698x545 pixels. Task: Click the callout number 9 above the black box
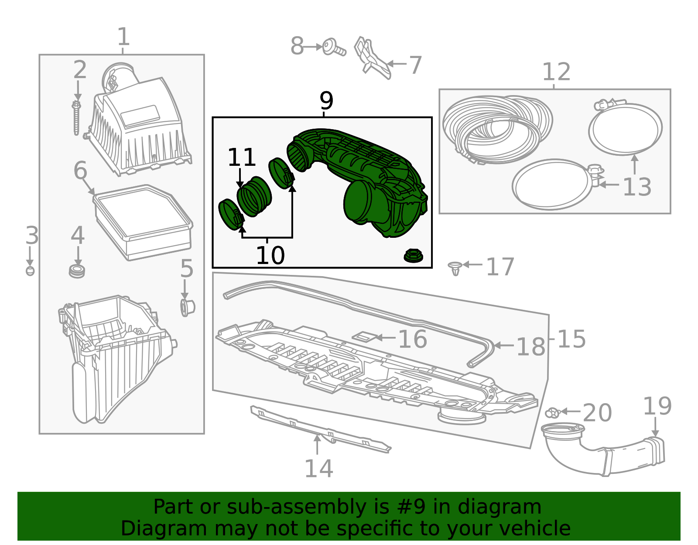[x=326, y=100]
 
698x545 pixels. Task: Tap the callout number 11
[x=242, y=157]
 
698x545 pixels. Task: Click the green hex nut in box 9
[x=413, y=255]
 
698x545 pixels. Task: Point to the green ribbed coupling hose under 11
[x=254, y=196]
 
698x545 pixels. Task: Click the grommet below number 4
[x=77, y=271]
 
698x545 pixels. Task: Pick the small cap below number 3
[x=30, y=271]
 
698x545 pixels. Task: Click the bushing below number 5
[x=187, y=308]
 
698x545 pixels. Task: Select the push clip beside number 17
[x=455, y=268]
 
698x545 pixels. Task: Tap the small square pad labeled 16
[x=364, y=336]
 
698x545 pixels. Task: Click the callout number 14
[x=318, y=469]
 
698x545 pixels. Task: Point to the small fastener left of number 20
[x=553, y=413]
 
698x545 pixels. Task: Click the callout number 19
[x=657, y=406]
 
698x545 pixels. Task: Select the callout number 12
[x=556, y=72]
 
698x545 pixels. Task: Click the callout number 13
[x=636, y=187]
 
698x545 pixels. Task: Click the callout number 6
[x=80, y=170]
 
